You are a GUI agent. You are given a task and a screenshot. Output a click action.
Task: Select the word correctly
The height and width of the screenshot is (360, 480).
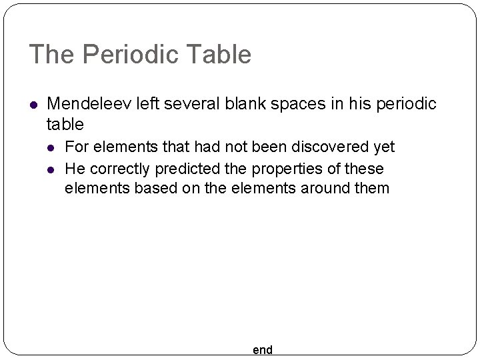(x=119, y=167)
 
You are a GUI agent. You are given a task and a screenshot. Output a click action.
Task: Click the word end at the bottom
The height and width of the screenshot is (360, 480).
(x=263, y=350)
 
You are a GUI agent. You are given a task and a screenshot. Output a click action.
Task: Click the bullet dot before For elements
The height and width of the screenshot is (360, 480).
(x=53, y=147)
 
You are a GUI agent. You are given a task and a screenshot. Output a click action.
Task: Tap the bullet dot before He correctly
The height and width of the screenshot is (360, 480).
(x=53, y=168)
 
